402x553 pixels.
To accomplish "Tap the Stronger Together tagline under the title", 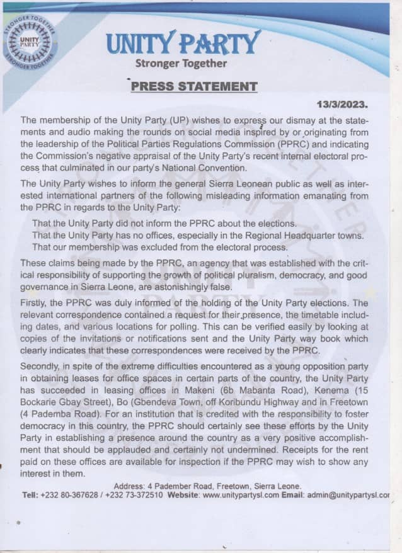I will pos(181,63).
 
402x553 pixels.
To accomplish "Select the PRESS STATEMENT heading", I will pos(194,86).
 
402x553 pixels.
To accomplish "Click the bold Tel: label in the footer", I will pos(30,495).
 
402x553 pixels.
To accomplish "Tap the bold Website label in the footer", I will pos(182,495).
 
